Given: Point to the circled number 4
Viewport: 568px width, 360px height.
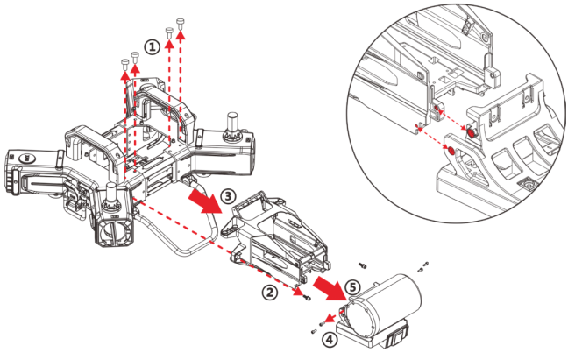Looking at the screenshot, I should tap(326, 339).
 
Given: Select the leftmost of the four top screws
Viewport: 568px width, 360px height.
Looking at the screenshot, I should tap(123, 62).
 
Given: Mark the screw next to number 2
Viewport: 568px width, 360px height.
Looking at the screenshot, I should tap(307, 300).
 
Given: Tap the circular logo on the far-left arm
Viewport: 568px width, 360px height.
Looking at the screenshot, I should tap(28, 159).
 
